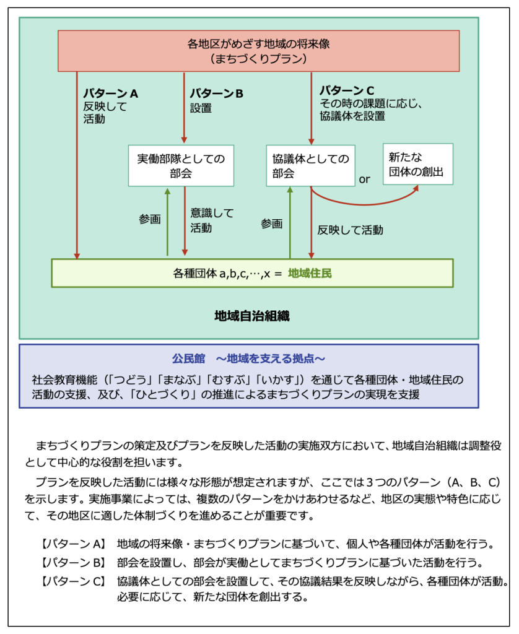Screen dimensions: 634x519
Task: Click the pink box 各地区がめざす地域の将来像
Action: point(258,51)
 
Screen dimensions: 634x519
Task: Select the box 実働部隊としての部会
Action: point(181,165)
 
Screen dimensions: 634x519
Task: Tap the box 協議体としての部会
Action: point(310,165)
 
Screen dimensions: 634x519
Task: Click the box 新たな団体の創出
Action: point(417,164)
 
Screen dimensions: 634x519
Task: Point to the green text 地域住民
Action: point(310,273)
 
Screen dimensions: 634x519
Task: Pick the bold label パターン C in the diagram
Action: point(347,90)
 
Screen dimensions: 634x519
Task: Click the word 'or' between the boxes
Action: point(364,179)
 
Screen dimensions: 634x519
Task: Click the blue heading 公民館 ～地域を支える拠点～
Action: point(248,358)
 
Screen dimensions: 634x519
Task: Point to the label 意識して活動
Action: point(212,220)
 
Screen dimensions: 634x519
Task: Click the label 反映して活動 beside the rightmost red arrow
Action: point(350,230)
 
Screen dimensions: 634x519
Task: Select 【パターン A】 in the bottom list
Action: point(75,544)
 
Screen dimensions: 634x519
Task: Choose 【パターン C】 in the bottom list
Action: point(75,582)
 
